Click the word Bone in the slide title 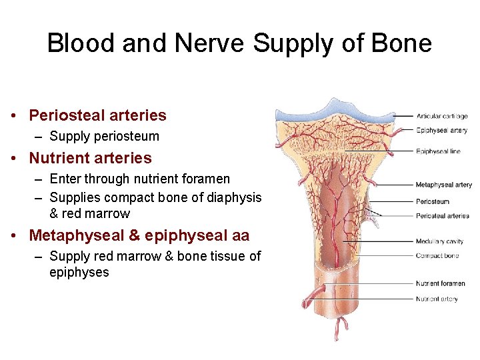pos(402,44)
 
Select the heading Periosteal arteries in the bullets pos(97,115)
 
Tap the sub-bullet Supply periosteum pos(104,136)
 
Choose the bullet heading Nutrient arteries pos(90,158)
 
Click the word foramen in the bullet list pos(204,179)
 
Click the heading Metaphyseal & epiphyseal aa pos(139,235)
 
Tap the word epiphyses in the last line pos(79,272)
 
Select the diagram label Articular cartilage pos(442,116)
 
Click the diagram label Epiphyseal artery pos(442,131)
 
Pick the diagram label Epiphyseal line pos(438,151)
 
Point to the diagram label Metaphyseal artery pos(443,185)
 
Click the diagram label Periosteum pos(433,201)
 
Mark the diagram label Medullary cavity pos(439,241)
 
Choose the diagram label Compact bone pos(437,256)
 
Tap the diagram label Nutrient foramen pos(441,284)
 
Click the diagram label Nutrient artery pos(437,299)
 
